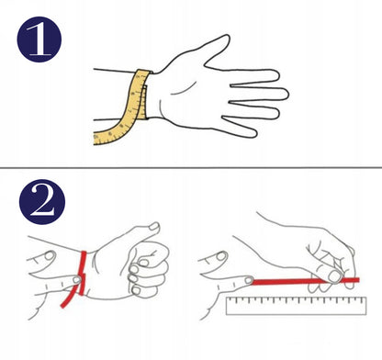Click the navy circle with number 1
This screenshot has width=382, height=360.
pyautogui.click(x=39, y=39)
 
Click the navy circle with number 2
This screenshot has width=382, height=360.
pyautogui.click(x=42, y=202)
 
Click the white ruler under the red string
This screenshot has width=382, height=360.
pyautogui.click(x=296, y=306)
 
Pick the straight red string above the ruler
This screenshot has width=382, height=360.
pyautogui.click(x=305, y=281)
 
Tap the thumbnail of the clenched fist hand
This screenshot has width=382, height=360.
pyautogui.click(x=154, y=227)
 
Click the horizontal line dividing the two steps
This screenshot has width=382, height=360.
pyautogui.click(x=191, y=168)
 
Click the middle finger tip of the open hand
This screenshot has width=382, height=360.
pyautogui.click(x=283, y=94)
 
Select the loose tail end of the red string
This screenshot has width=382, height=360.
pyautogui.click(x=63, y=305)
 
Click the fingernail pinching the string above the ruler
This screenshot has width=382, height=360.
pyautogui.click(x=334, y=276)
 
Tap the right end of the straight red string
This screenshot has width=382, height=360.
pyautogui.click(x=358, y=280)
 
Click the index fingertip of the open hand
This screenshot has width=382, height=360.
pyautogui.click(x=275, y=75)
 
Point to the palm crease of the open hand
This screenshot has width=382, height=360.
pyautogui.click(x=184, y=89)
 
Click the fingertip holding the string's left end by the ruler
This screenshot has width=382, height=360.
pyautogui.click(x=249, y=280)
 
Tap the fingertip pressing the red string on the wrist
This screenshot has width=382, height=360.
pyautogui.click(x=76, y=279)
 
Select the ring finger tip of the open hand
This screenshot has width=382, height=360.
pyautogui.click(x=275, y=113)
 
